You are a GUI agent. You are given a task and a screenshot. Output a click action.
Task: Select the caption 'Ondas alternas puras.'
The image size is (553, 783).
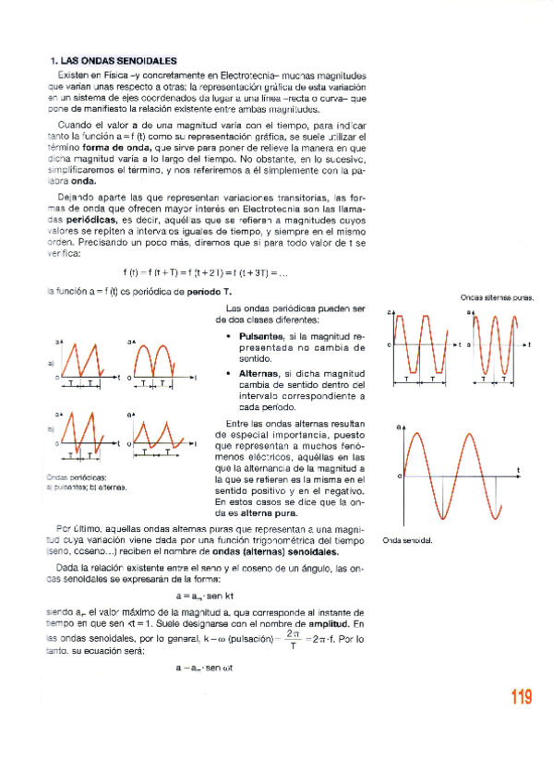497,297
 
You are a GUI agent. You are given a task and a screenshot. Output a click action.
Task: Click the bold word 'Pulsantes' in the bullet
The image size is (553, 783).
262,338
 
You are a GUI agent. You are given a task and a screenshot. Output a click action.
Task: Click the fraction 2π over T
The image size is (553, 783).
293,639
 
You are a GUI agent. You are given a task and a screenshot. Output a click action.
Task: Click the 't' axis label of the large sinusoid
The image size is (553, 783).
519,471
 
